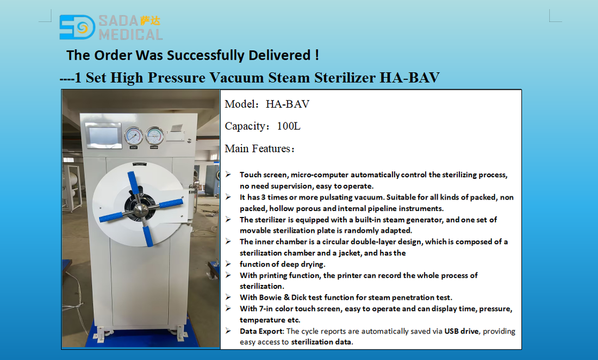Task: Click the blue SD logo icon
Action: [x=77, y=27]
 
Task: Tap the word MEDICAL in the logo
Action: [x=130, y=35]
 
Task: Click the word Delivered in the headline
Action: [x=279, y=55]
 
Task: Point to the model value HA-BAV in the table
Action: [x=288, y=104]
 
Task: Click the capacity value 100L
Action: [x=289, y=126]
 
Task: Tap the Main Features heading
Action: [x=259, y=148]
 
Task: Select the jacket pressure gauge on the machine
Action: [x=134, y=136]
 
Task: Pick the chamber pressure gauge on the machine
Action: [x=154, y=136]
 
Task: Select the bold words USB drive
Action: [x=461, y=331]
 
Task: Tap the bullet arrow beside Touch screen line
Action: [x=228, y=174]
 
